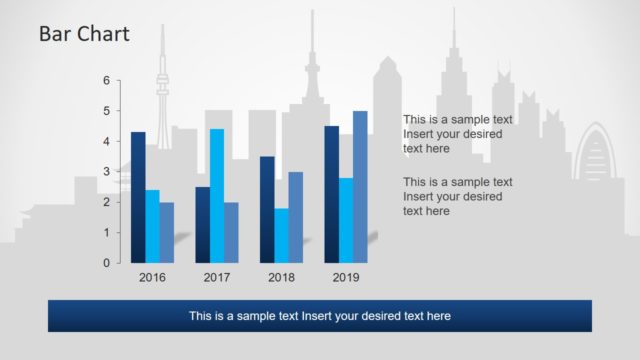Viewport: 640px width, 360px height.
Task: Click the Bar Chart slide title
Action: [84, 34]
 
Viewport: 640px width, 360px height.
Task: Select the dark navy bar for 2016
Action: [138, 197]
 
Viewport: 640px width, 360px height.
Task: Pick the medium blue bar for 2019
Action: [360, 186]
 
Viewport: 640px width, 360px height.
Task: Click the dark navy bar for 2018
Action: [267, 209]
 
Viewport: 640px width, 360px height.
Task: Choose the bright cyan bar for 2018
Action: [281, 235]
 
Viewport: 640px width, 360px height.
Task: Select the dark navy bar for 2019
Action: [332, 194]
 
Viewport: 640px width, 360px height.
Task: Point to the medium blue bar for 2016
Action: [166, 232]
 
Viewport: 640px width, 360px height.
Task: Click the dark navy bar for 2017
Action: [203, 224]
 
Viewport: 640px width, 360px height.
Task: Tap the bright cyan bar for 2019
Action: [346, 220]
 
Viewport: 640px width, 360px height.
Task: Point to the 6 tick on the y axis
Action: [106, 80]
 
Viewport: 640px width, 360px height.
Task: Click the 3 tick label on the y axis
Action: [106, 172]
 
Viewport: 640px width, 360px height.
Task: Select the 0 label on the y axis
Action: [106, 263]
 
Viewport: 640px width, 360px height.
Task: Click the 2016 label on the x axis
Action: [152, 278]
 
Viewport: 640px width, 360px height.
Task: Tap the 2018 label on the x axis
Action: [281, 278]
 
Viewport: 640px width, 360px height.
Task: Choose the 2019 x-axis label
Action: [346, 278]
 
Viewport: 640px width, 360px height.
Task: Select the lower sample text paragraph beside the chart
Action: [457, 196]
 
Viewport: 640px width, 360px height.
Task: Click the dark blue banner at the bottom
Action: [320, 316]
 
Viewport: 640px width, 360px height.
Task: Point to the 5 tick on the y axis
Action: [106, 111]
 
